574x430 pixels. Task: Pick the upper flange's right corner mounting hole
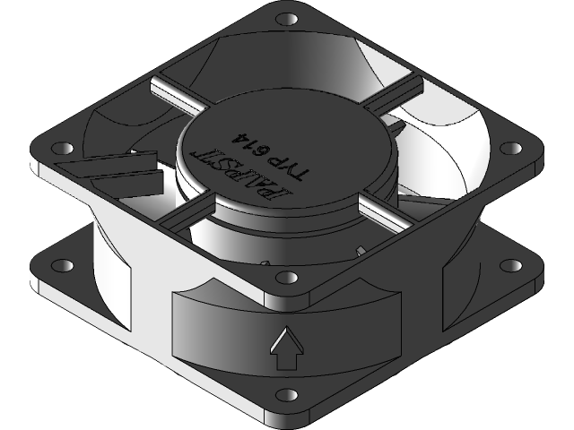click(x=511, y=148)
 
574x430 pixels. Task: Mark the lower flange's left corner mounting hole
click(x=65, y=266)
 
